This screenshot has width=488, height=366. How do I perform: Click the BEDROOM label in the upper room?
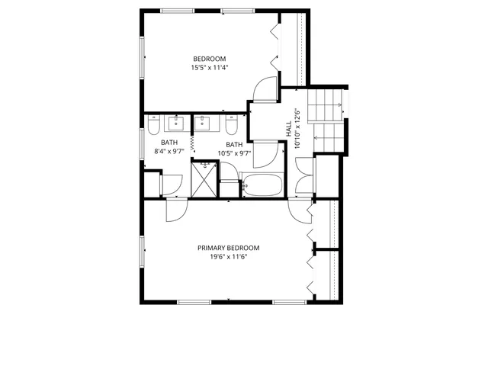(209, 59)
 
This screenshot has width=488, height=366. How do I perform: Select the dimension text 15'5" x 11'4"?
(209, 68)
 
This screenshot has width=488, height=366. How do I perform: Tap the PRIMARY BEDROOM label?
(228, 248)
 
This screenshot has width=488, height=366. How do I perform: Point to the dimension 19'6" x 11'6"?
(228, 257)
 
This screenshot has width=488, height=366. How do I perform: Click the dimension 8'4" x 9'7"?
(169, 152)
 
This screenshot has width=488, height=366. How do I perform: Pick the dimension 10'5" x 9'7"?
(234, 153)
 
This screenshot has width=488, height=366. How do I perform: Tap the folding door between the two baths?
(191, 140)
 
